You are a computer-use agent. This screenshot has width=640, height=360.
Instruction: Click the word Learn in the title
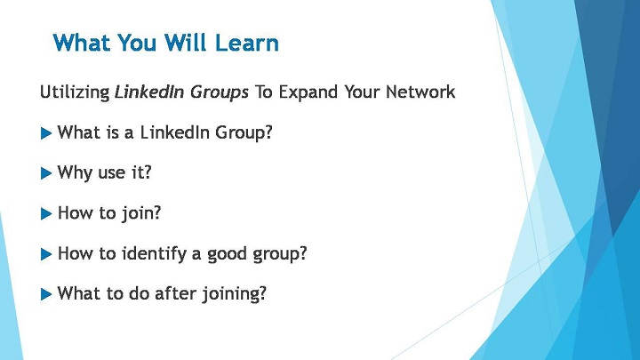click(x=246, y=43)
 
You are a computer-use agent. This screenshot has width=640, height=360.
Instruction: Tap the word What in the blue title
click(x=81, y=43)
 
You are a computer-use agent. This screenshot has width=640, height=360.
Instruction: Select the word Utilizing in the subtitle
click(x=75, y=92)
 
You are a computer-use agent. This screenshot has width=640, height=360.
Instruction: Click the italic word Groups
click(x=220, y=92)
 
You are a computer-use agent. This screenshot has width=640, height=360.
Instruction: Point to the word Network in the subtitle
click(x=420, y=92)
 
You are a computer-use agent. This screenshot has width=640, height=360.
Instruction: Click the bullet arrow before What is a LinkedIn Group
click(x=46, y=133)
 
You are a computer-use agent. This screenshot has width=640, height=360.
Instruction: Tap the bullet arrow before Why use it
click(x=46, y=173)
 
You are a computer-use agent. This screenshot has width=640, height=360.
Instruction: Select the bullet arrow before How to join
click(x=46, y=214)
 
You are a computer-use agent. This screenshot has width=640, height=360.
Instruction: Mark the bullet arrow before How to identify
click(x=46, y=254)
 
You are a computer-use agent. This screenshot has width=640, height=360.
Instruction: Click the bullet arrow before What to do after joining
click(x=46, y=294)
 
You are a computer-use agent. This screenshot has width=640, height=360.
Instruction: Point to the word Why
click(x=75, y=173)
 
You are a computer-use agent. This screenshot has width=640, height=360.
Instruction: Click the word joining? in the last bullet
click(x=235, y=294)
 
